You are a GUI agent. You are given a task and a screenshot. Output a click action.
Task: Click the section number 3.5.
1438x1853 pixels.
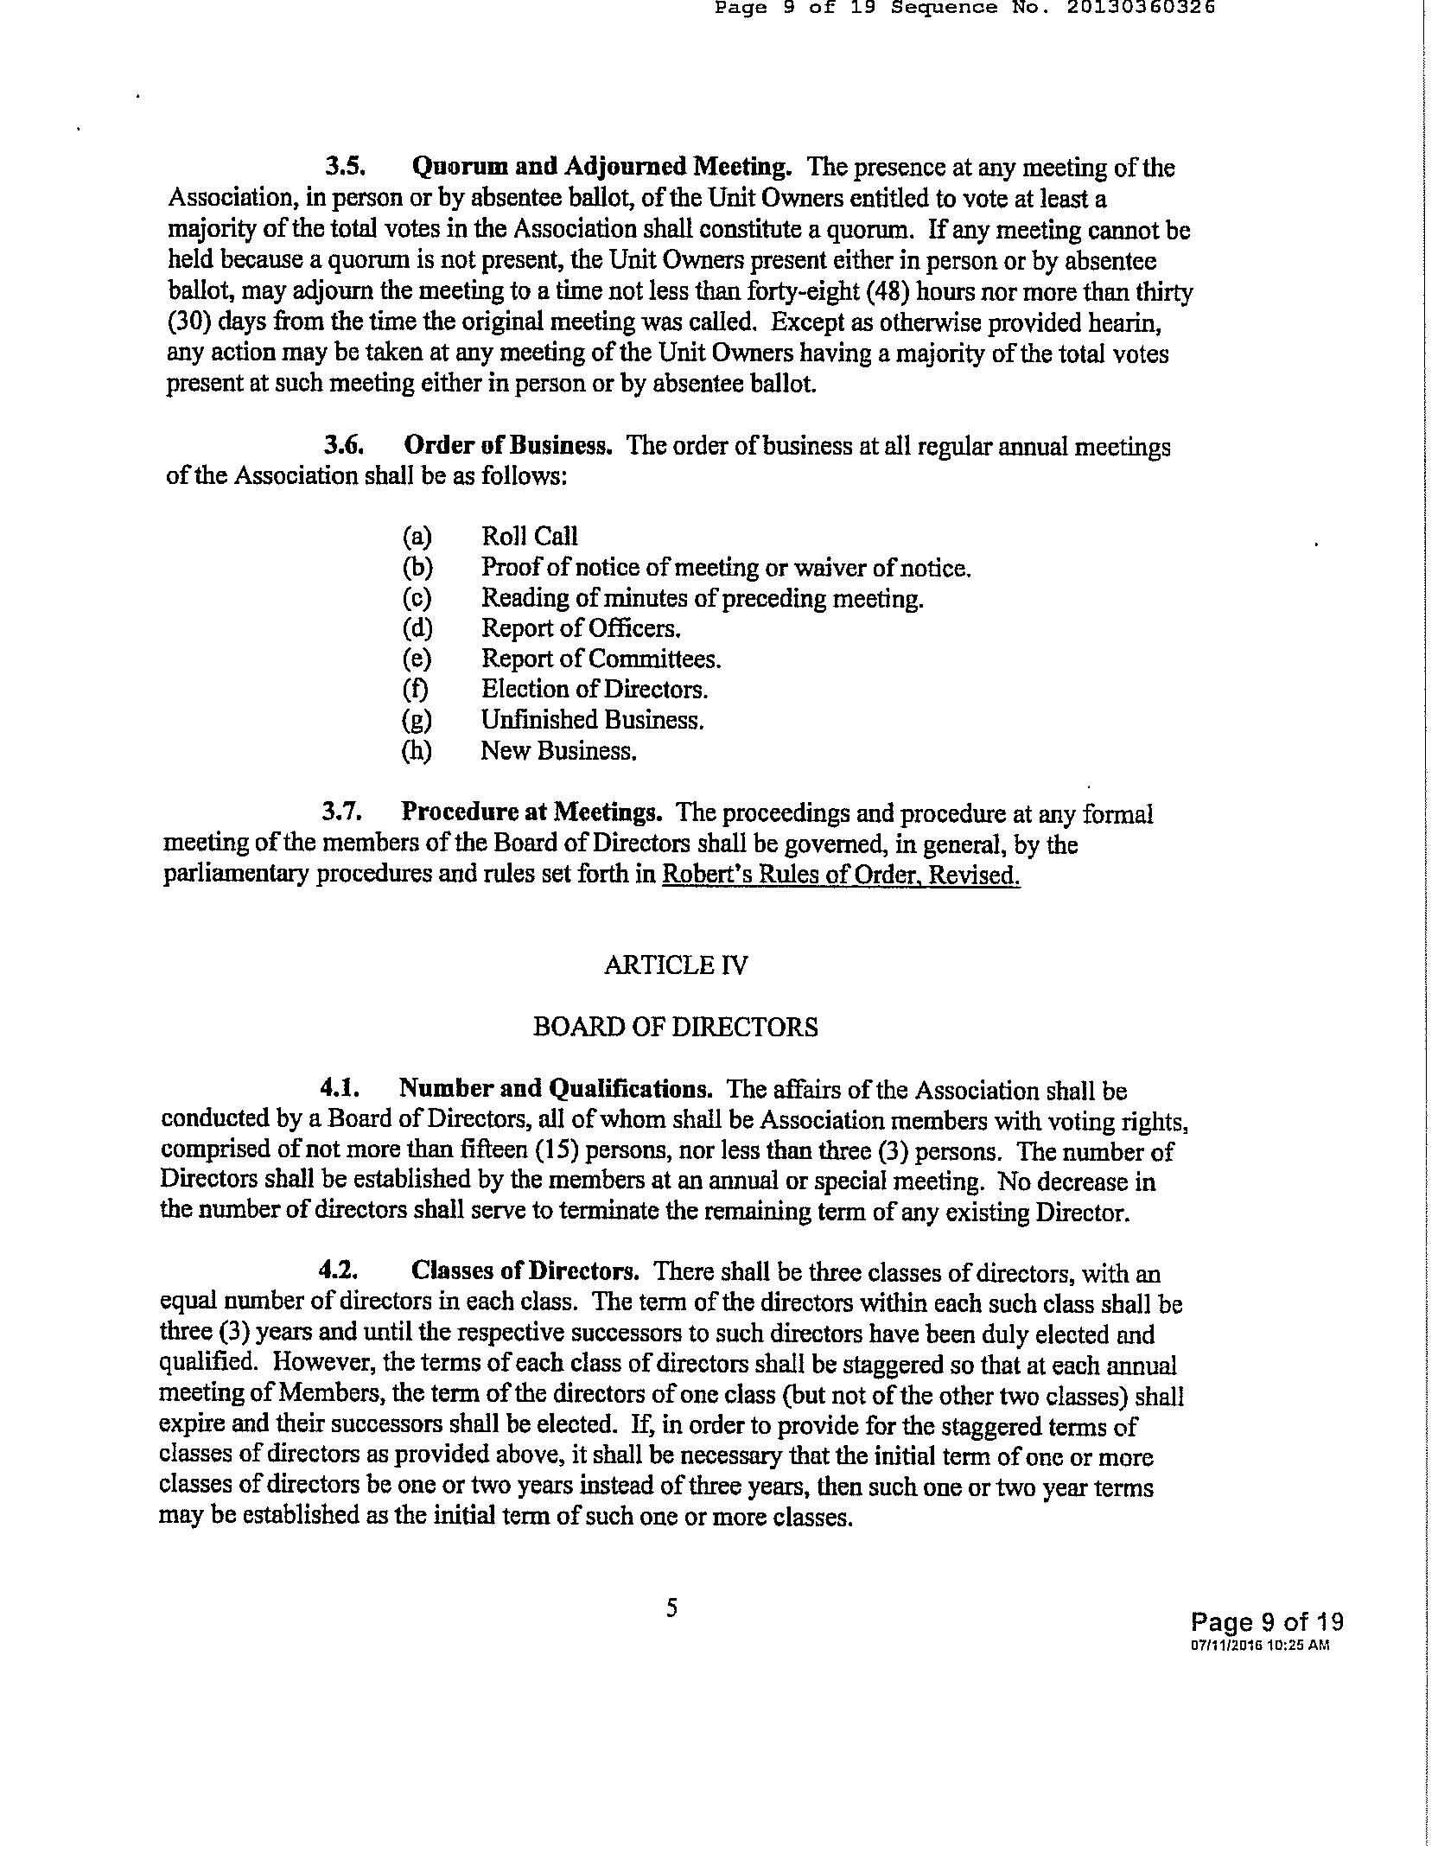point(347,166)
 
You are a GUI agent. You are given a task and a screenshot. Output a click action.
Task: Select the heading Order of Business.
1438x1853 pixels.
point(508,446)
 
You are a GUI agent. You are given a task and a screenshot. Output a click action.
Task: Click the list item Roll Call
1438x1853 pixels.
point(529,537)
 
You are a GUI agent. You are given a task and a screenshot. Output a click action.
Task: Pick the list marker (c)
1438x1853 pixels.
point(417,598)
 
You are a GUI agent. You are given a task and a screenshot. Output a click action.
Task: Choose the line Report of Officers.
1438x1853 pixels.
point(581,628)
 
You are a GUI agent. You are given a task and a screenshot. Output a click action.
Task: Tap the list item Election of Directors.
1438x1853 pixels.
point(595,690)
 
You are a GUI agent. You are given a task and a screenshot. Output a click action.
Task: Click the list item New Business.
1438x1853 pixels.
point(558,751)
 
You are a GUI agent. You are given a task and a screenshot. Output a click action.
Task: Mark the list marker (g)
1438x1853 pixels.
point(417,720)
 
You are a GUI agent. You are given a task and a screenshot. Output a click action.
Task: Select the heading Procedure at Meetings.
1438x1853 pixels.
point(531,813)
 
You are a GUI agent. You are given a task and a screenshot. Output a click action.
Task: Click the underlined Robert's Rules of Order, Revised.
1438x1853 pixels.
point(841,876)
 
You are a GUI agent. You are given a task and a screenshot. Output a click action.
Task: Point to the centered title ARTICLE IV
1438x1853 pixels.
point(676,965)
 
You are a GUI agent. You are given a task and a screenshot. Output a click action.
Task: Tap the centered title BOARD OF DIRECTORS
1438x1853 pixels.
point(676,1027)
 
